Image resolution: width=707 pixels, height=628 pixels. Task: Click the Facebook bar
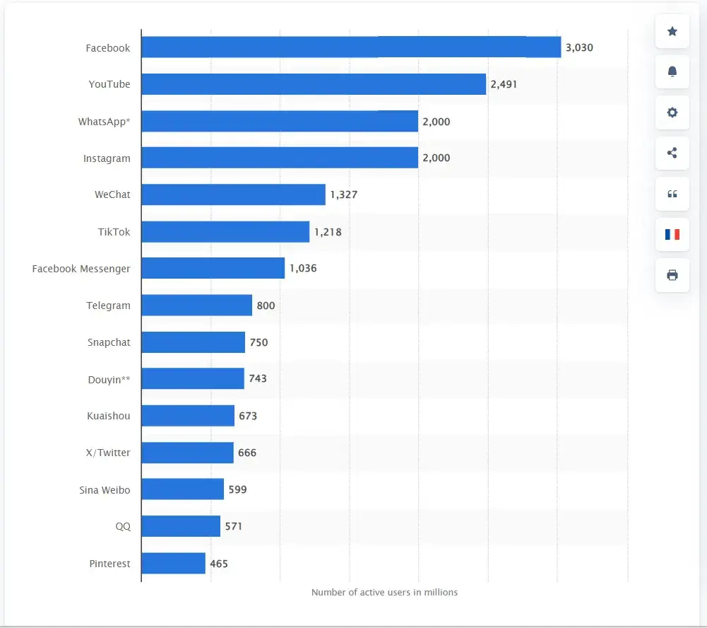(350, 47)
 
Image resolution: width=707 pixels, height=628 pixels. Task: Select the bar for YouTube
(313, 84)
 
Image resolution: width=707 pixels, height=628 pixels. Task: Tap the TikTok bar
(225, 231)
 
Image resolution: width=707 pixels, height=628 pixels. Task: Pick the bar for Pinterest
(173, 564)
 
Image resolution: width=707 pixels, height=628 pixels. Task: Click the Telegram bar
(196, 306)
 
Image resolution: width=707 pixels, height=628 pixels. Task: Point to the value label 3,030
(579, 48)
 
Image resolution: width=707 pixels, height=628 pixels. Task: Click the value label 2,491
(504, 84)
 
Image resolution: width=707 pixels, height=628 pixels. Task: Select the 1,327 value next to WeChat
(343, 195)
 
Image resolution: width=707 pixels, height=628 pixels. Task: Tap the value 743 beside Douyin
(258, 378)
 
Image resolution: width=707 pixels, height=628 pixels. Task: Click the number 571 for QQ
(233, 526)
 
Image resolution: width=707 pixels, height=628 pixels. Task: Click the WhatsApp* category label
(104, 122)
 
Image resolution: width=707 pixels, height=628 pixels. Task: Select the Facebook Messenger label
(81, 269)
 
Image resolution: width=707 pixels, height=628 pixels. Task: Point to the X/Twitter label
(107, 453)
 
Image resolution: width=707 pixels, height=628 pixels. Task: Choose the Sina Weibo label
(105, 489)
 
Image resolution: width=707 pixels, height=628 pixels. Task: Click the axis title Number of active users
(384, 592)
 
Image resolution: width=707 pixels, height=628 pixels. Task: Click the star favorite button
(672, 32)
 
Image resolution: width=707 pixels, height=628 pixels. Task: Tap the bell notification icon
(672, 72)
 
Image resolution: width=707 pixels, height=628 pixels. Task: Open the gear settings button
(672, 112)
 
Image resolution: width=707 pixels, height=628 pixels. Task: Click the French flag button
(672, 234)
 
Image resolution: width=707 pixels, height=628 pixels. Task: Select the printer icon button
(672, 275)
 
